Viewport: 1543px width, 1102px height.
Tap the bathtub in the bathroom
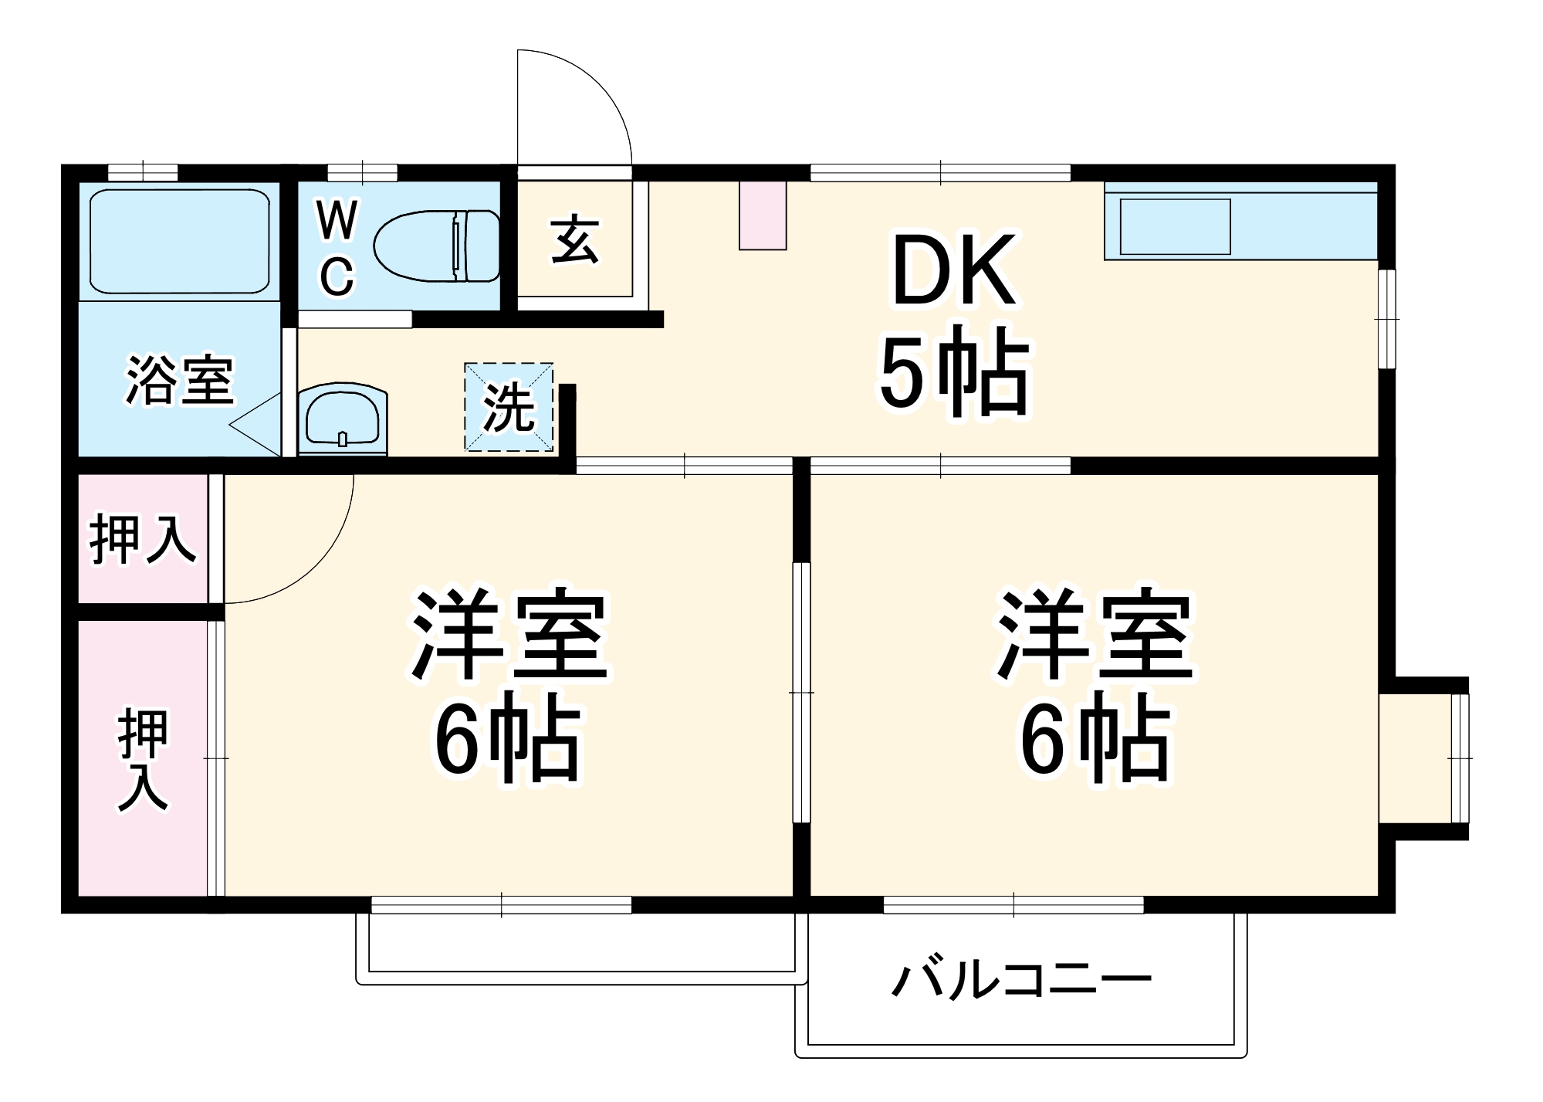(179, 241)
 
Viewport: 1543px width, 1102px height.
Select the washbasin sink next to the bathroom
(342, 420)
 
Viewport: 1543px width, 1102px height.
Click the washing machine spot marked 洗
(509, 407)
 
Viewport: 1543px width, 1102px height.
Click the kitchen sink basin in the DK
(1175, 226)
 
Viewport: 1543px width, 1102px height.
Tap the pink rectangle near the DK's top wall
(763, 215)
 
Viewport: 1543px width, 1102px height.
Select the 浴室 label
(180, 380)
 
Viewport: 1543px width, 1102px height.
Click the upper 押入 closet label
(143, 539)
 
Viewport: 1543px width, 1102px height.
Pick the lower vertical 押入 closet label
(143, 760)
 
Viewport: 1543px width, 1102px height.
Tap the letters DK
(953, 272)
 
